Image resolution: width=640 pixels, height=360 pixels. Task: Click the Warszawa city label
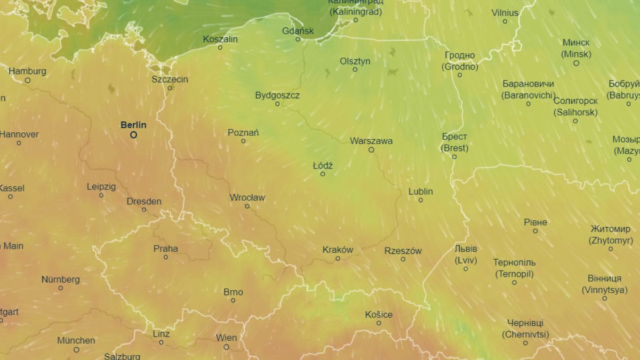pos(371,141)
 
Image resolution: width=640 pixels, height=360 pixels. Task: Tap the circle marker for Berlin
pos(133,135)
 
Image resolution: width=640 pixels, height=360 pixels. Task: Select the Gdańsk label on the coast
pos(298,30)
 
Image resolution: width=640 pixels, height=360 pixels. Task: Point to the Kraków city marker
pos(338,259)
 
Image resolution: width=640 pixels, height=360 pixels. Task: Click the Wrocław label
pos(247,197)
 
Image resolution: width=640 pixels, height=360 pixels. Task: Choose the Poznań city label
pos(243,132)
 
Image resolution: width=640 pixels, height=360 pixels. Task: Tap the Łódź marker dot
pos(323,174)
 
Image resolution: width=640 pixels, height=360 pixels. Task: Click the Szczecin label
pos(170,79)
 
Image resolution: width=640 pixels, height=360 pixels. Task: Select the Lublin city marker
pos(421,200)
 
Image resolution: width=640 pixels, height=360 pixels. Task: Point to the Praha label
pos(166,249)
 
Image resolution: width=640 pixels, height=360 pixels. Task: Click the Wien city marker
pos(226,347)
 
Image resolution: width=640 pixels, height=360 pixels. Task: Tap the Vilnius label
pos(505,12)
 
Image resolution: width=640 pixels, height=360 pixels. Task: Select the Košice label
pos(379,314)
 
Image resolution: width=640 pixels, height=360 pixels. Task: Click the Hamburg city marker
pos(27,81)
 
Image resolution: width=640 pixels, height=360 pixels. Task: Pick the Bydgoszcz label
pos(277,95)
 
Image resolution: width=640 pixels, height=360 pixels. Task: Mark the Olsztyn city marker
pos(355,69)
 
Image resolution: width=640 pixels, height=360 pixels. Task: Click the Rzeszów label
pos(403,251)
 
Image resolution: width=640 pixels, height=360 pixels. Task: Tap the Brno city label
pos(233,292)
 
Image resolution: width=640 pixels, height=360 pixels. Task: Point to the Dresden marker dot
pos(144,210)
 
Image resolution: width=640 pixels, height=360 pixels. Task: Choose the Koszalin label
pos(220,39)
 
